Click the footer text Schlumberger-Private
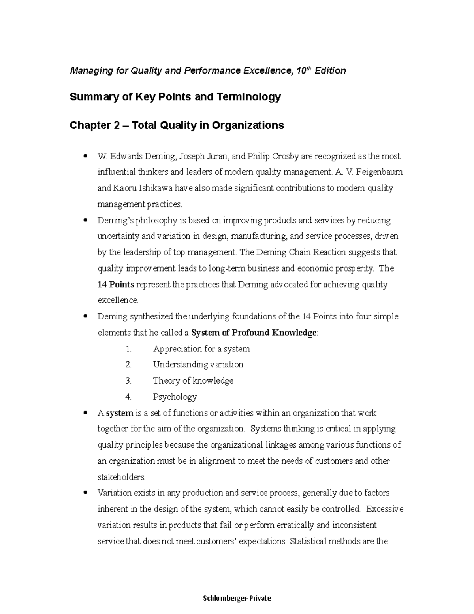coord(237,598)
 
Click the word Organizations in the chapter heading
coord(248,125)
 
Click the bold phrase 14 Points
coord(116,285)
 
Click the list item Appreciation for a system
coord(201,349)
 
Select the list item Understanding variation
coord(198,365)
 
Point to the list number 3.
coord(128,381)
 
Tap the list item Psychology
coord(175,397)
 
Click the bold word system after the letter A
coord(120,413)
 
